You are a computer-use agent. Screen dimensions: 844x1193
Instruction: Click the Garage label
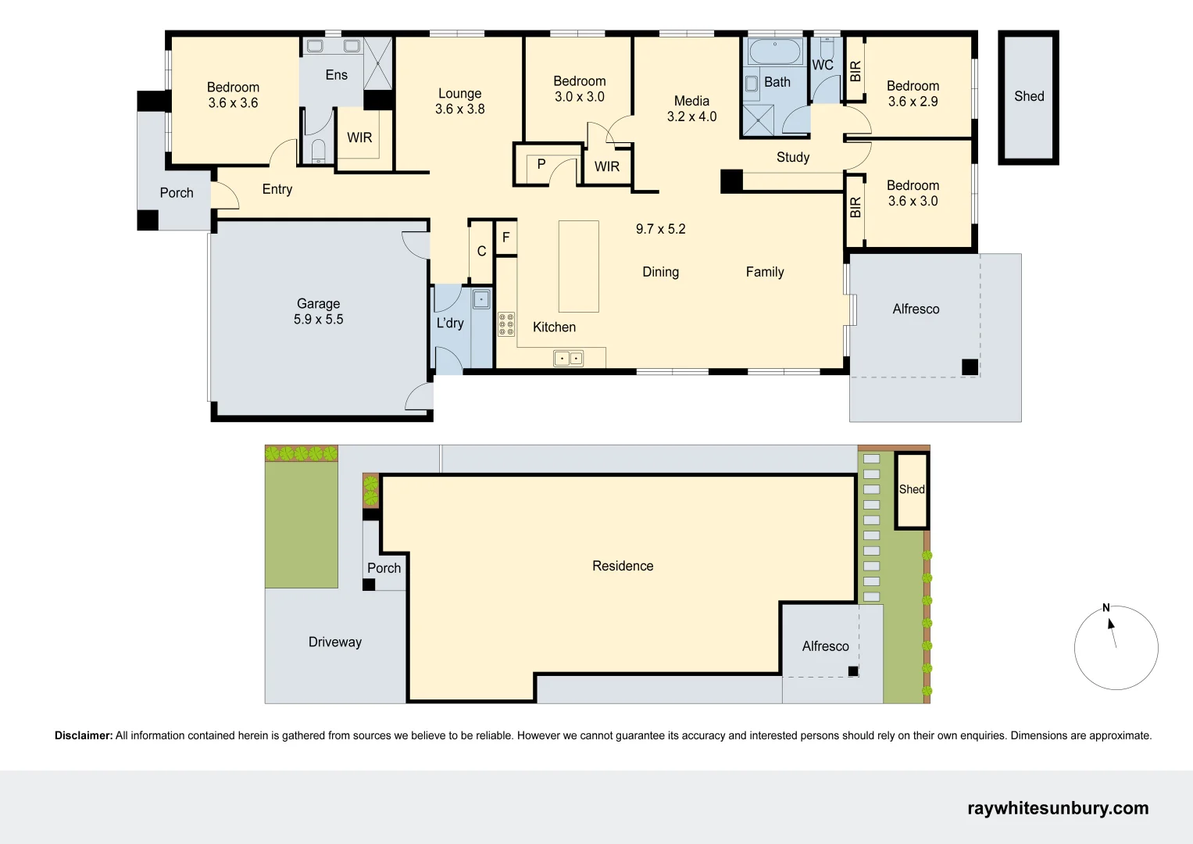point(318,303)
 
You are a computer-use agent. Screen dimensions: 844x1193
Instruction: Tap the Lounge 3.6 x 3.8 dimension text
point(459,109)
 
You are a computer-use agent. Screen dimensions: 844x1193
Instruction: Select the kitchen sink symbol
point(568,359)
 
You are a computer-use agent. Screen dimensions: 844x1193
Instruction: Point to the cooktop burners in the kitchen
point(506,324)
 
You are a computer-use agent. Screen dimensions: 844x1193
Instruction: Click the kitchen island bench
point(578,266)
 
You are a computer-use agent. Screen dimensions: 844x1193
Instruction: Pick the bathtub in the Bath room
point(774,52)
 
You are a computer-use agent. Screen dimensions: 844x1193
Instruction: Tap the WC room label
point(823,65)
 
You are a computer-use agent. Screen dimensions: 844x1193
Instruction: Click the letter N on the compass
point(1105,607)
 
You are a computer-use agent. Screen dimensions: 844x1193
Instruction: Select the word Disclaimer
point(84,735)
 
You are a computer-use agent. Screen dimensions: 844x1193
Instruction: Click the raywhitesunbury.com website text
point(1058,808)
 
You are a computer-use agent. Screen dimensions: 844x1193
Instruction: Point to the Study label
point(792,157)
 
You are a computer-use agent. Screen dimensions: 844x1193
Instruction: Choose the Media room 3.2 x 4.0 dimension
point(691,116)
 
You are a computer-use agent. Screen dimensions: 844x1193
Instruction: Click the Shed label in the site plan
point(911,489)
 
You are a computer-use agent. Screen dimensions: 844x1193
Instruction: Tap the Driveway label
point(334,642)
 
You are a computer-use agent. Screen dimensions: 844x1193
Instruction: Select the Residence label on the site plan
point(623,566)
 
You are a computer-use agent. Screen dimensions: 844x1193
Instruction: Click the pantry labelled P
point(541,164)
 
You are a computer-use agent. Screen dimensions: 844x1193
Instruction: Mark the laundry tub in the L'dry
point(481,299)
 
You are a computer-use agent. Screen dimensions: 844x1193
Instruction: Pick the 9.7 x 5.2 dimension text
point(660,229)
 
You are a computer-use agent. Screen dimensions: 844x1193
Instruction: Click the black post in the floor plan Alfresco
point(970,367)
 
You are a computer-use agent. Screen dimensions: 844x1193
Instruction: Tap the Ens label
point(336,75)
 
